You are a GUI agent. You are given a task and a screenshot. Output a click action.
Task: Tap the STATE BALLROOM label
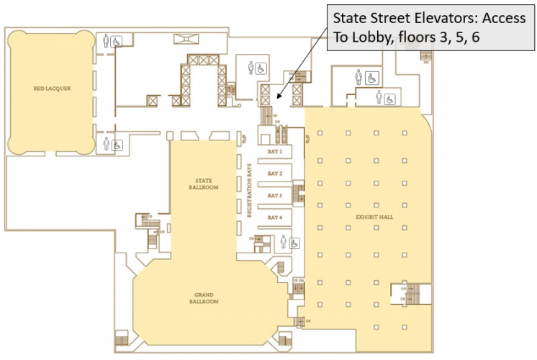(202, 184)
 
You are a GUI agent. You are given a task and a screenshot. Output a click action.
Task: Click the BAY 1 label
(274, 152)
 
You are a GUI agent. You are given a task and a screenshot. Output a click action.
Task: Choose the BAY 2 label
(274, 174)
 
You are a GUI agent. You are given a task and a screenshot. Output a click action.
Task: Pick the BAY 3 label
(274, 195)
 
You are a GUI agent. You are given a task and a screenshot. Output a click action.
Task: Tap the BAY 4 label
(274, 217)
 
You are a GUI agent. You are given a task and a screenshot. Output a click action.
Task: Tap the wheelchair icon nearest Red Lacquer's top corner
(117, 41)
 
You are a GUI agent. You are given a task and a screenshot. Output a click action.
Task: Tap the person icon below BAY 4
(284, 243)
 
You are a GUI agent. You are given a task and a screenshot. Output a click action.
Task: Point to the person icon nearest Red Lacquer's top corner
(107, 41)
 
